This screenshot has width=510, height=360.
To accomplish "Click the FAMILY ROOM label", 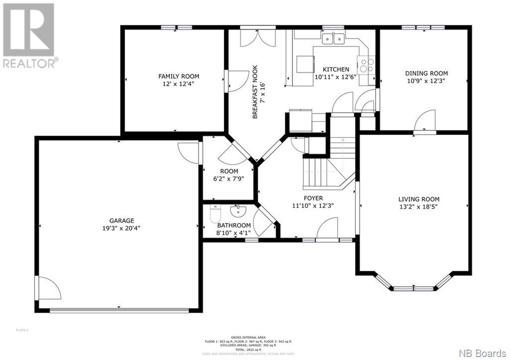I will tap(178, 76).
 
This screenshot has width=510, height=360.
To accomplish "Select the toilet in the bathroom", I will tap(215, 216).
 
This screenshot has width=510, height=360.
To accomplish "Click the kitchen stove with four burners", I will tap(367, 66).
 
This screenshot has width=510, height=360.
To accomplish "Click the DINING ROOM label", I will tap(426, 73).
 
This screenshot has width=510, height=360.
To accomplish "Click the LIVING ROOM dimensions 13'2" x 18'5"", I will tap(418, 206).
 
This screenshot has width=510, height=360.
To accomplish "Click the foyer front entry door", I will tap(327, 232).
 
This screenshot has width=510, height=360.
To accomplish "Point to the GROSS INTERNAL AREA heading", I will tap(247, 337).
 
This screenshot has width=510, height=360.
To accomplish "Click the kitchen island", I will tap(305, 64).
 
